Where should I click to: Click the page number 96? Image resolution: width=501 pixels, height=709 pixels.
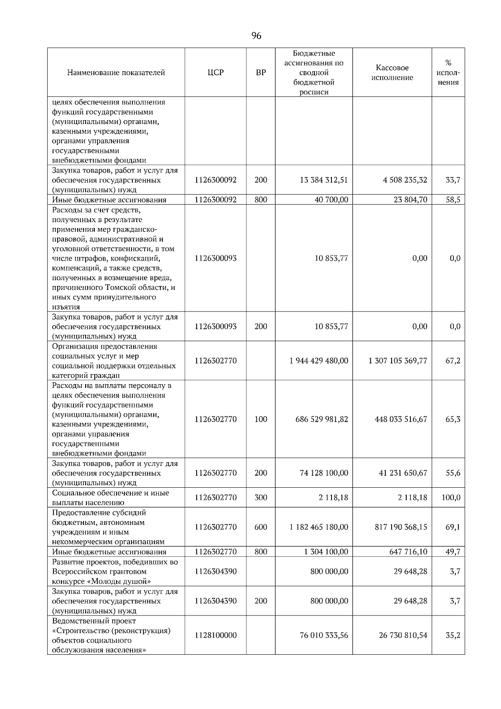click(x=256, y=36)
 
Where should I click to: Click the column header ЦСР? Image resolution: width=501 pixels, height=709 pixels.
click(x=215, y=73)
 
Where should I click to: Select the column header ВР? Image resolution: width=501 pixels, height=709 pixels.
click(x=261, y=73)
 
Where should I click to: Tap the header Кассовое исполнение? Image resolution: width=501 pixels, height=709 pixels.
click(x=392, y=73)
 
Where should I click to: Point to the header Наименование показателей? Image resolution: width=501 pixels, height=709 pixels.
click(x=116, y=73)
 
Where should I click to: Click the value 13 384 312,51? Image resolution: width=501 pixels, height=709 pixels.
click(x=324, y=180)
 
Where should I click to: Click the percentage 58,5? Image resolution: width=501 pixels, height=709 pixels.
click(x=453, y=200)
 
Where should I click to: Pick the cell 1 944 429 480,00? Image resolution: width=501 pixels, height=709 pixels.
click(x=319, y=360)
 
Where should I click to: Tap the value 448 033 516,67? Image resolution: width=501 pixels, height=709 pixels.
click(x=401, y=419)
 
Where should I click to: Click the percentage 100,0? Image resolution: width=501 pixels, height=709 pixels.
click(x=451, y=497)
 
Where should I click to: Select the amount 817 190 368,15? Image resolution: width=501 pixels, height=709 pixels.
click(x=401, y=527)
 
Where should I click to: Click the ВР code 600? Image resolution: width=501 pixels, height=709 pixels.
click(x=261, y=527)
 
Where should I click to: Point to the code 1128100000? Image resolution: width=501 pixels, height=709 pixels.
click(x=215, y=635)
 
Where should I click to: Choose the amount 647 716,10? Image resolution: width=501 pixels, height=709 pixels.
click(x=408, y=552)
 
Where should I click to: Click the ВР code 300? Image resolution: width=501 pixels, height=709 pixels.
click(x=261, y=497)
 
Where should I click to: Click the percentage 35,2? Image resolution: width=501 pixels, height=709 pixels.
click(x=453, y=635)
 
